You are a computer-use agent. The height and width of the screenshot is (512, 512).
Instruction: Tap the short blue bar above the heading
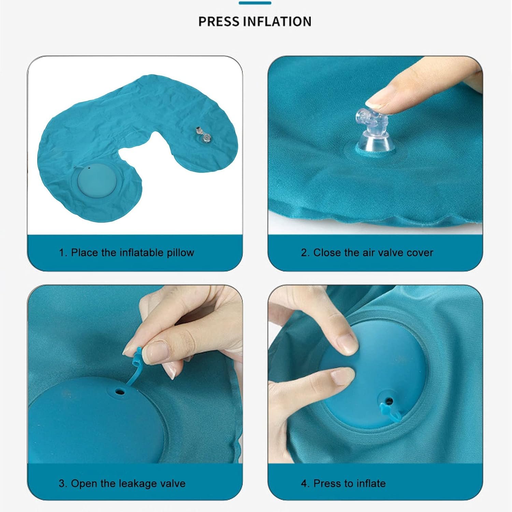click(255, 3)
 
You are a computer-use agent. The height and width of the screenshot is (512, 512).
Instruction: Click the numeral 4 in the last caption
click(304, 483)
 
